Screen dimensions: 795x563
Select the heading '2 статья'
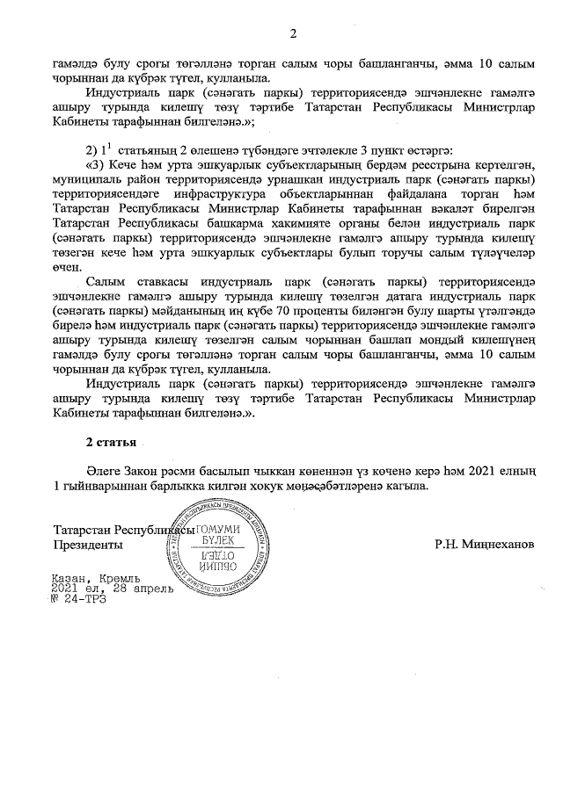tap(111, 439)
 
